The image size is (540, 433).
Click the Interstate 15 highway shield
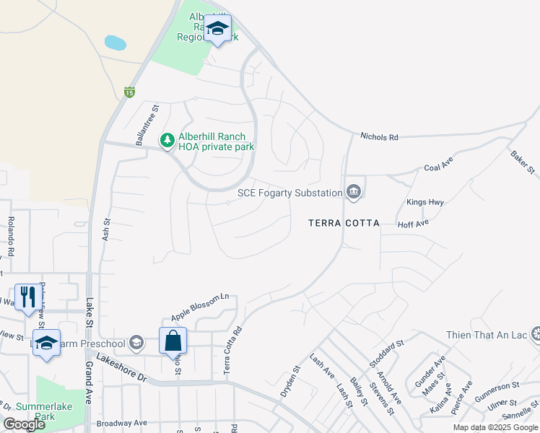pos(129,92)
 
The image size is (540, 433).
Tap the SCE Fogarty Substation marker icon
pos(354,192)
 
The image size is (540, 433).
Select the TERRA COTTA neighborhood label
pos(344,223)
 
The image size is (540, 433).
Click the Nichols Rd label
pos(379,136)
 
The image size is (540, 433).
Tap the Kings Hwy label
pos(425,202)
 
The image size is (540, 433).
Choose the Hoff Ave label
pos(414,224)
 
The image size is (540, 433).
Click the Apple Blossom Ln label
pos(200,307)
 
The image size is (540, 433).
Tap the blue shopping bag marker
pos(173,341)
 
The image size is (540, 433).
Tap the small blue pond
pos(116,43)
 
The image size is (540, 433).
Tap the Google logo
pos(24,424)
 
